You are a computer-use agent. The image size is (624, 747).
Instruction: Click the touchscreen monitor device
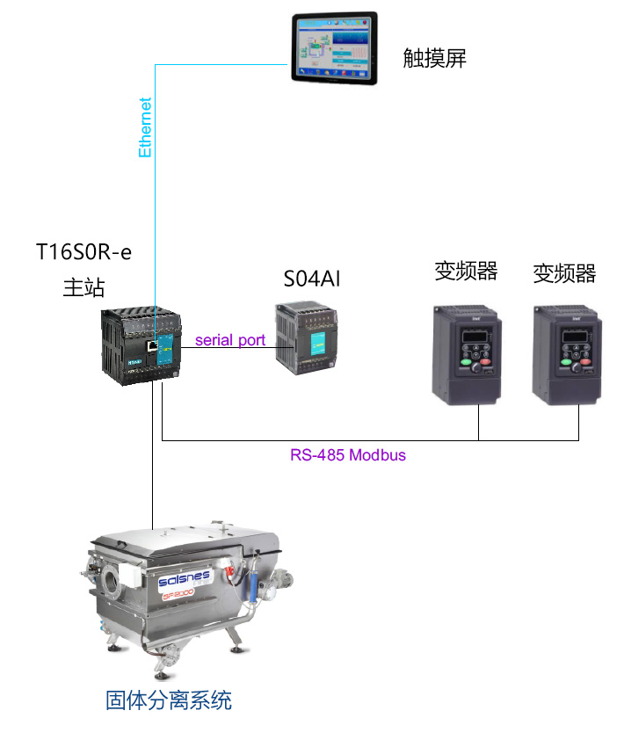(x=335, y=48)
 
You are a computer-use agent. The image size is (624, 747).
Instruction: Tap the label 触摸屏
(x=434, y=59)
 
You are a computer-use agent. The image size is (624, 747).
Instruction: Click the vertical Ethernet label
(x=146, y=127)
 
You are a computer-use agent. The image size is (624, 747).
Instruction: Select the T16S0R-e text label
(x=83, y=252)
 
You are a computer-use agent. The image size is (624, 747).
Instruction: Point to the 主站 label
(x=83, y=287)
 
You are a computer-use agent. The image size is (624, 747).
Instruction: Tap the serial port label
(x=230, y=340)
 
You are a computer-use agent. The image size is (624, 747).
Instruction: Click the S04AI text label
(x=311, y=279)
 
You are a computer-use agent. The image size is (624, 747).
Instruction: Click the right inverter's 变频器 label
(x=564, y=273)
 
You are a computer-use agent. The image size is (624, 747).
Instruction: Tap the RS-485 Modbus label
(x=348, y=455)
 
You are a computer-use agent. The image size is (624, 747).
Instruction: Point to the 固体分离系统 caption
(x=169, y=700)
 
